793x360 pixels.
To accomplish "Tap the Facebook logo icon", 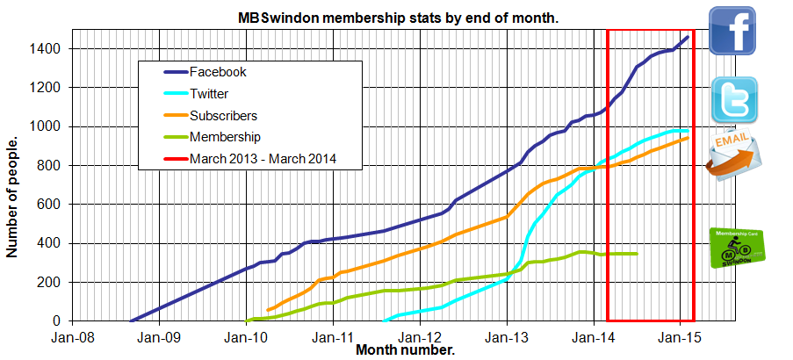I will pos(733,30).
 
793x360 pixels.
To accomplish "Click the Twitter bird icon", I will pos(733,98).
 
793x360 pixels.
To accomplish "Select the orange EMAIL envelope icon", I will pos(733,156).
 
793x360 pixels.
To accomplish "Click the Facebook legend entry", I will pos(218,72).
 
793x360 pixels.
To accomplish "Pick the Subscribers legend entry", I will pos(223,115).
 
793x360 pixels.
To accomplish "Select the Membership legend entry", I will pos(225,136).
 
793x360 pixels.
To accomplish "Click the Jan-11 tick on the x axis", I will pos(334,336).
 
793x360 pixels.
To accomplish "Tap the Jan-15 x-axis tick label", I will pos(680,336).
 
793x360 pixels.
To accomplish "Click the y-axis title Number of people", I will pos(12,197).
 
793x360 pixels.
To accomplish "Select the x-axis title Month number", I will pos(405,350).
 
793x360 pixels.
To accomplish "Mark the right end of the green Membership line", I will pos(637,254).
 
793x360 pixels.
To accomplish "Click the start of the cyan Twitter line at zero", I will pos(385,320).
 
